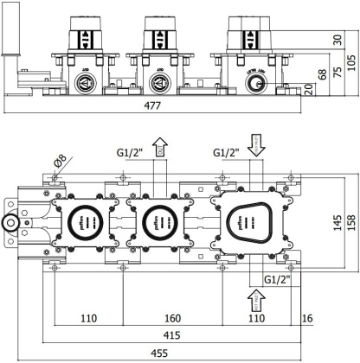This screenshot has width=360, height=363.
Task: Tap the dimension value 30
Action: pos(336,38)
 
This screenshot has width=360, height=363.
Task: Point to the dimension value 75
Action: pos(336,73)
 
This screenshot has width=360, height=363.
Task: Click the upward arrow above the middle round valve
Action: pos(159,151)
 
